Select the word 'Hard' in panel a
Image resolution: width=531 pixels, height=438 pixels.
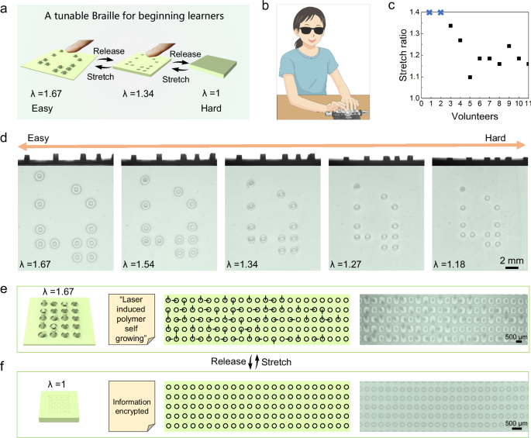click(x=213, y=109)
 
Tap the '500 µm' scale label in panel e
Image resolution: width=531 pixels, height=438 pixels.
click(x=510, y=338)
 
